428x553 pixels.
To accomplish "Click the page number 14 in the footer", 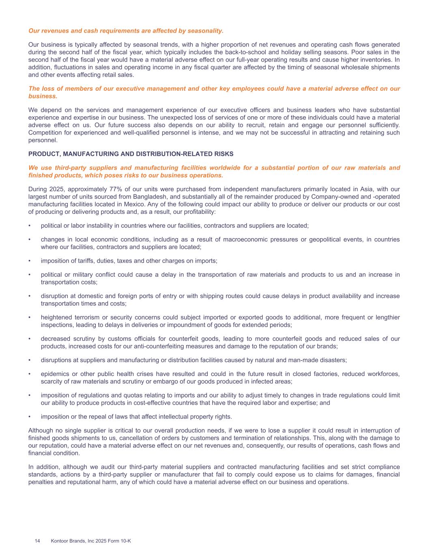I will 37,541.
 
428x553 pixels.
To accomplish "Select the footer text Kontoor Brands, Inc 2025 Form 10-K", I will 91,541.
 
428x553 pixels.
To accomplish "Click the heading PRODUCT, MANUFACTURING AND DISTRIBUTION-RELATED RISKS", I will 131,154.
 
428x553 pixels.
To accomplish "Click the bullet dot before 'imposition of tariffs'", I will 30,261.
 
